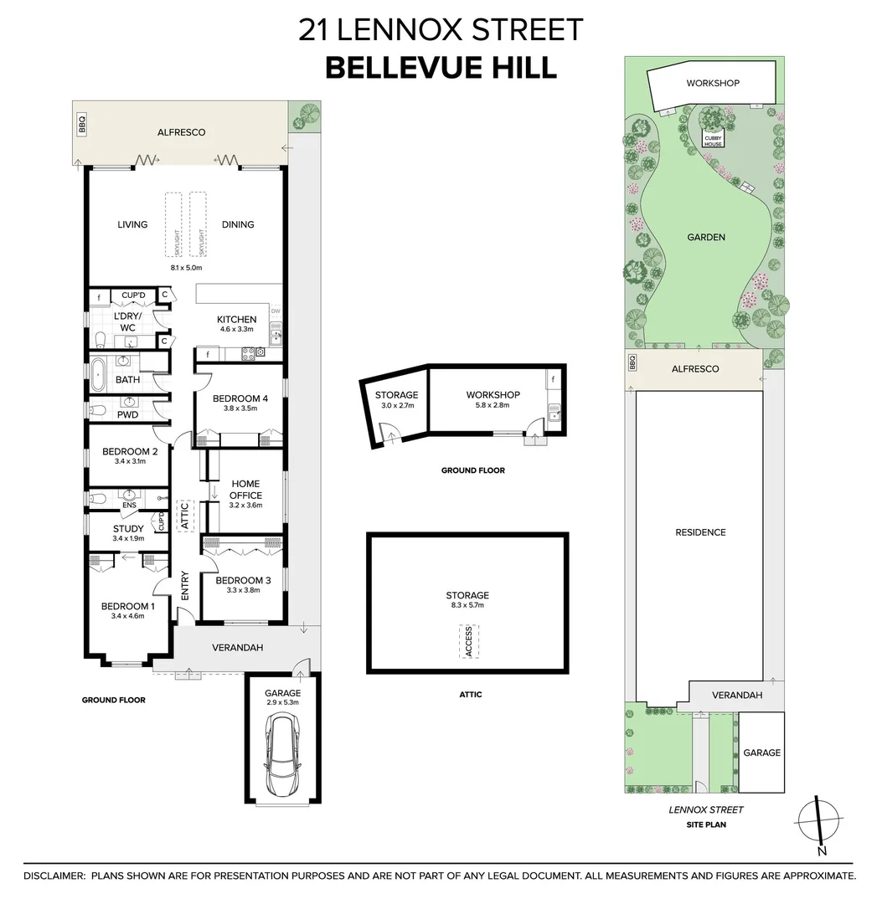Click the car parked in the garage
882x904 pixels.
pyautogui.click(x=281, y=759)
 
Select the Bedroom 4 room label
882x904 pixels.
pyautogui.click(x=240, y=398)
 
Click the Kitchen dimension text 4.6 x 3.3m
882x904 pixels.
pyautogui.click(x=237, y=331)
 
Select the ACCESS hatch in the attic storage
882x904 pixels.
pyautogui.click(x=468, y=640)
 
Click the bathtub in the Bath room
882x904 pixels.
pyautogui.click(x=100, y=371)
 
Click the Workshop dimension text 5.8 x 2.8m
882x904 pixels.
pyautogui.click(x=493, y=406)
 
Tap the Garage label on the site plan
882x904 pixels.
pyautogui.click(x=761, y=752)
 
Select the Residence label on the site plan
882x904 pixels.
pyautogui.click(x=700, y=532)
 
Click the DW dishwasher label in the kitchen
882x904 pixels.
pyautogui.click(x=276, y=311)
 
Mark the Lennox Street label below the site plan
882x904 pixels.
pyautogui.click(x=705, y=809)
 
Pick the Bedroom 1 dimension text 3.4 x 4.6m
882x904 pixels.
pyautogui.click(x=128, y=616)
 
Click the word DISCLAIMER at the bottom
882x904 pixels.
pyautogui.click(x=54, y=876)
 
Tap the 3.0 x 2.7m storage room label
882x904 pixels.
pyautogui.click(x=396, y=406)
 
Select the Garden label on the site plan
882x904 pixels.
pyautogui.click(x=706, y=237)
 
